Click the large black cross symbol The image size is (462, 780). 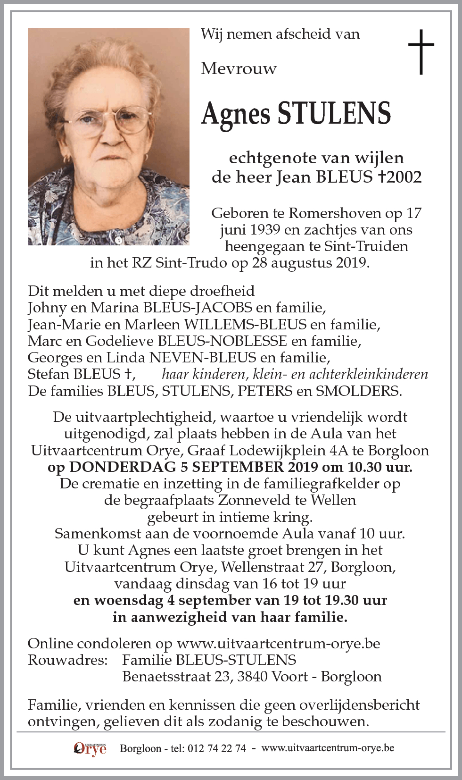click(421, 51)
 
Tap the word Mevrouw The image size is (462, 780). click(239, 69)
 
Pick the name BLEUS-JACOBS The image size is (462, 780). click(198, 308)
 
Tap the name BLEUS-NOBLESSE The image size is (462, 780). click(222, 341)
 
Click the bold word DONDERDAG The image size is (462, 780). click(123, 467)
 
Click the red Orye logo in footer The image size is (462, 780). click(90, 748)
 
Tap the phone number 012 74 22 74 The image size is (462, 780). click(216, 748)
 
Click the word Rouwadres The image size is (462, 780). click(67, 660)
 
